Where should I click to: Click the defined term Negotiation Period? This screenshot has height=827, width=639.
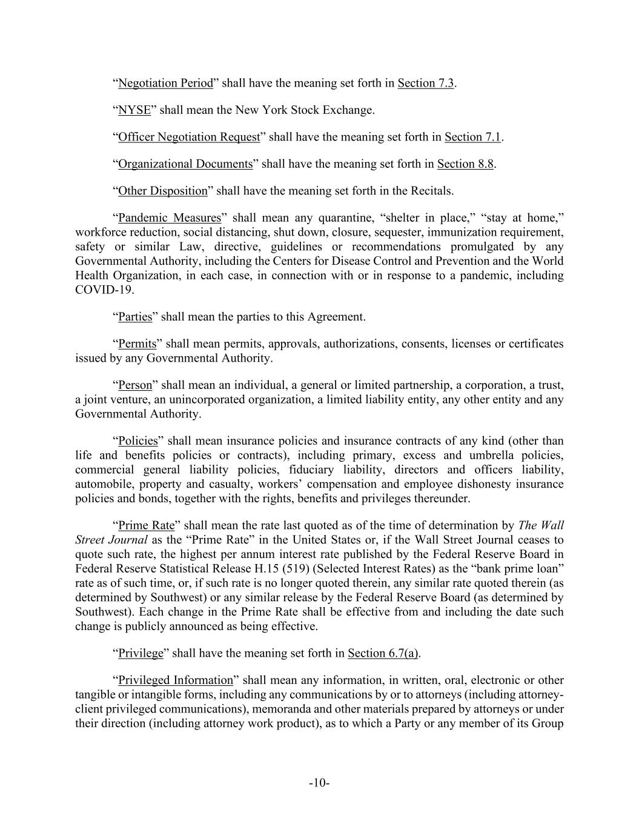tap(165, 83)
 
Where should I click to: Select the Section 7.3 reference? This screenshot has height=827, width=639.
tap(426, 83)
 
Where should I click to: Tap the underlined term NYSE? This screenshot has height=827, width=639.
tap(134, 110)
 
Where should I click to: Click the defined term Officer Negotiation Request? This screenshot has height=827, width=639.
tap(188, 137)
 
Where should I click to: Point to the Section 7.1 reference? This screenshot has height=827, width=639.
tap(472, 137)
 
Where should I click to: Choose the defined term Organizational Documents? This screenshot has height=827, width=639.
tap(185, 164)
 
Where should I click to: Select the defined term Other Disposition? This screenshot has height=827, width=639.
tap(162, 191)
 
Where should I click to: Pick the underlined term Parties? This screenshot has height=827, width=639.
tap(135, 317)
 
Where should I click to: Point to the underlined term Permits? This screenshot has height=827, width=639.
tap(137, 344)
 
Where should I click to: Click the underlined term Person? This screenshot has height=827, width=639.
tap(135, 385)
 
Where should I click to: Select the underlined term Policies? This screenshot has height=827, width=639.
tap(137, 441)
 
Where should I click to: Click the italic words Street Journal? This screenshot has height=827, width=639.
tap(111, 539)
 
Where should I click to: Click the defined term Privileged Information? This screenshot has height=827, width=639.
tap(175, 680)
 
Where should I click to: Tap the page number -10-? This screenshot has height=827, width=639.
tap(319, 783)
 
